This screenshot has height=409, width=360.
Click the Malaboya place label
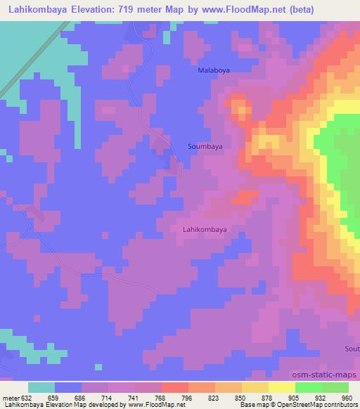213,71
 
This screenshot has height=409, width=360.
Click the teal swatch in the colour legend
41,388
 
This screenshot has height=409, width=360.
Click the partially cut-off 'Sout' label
352,349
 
